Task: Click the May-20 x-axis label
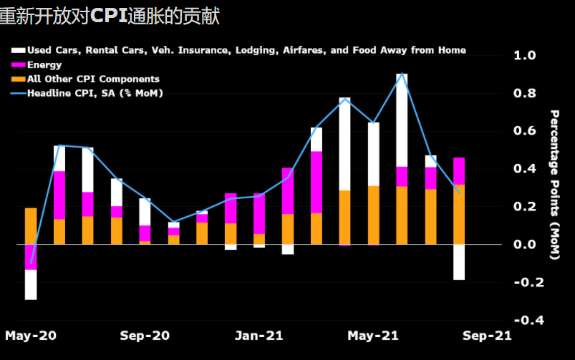31,335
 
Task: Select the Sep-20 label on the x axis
145,335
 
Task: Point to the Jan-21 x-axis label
259,335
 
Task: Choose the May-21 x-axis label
372,335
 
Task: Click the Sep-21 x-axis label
487,335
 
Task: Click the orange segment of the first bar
31,226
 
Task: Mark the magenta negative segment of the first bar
31,257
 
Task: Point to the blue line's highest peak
402,74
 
